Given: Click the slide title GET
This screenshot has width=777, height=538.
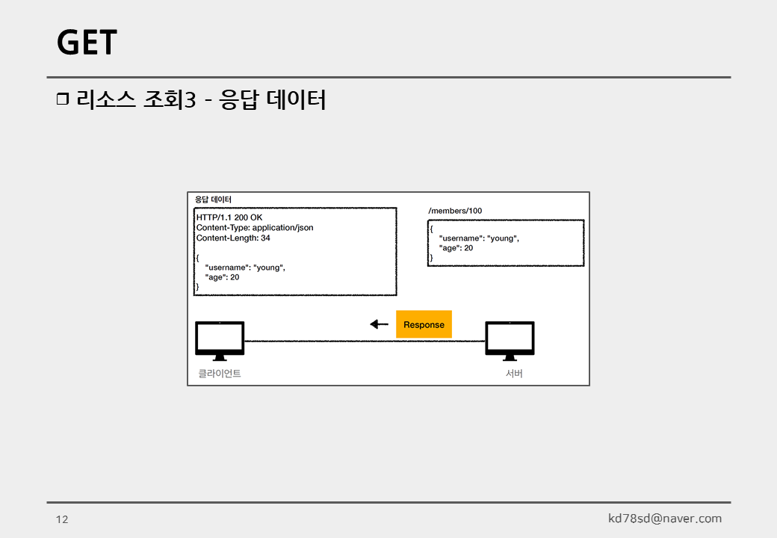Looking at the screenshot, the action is click(87, 43).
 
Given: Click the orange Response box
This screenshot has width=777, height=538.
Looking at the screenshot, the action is click(424, 324).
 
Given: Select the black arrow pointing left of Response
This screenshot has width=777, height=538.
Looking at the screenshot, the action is click(380, 324).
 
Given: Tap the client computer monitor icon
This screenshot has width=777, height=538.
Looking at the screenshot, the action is click(220, 338).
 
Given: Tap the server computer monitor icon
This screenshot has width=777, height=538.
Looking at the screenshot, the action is click(510, 338).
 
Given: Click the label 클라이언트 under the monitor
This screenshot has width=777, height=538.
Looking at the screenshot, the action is click(220, 373).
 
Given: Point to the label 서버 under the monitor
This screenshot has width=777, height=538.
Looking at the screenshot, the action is click(514, 373).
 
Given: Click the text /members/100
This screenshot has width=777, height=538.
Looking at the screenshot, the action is click(455, 211).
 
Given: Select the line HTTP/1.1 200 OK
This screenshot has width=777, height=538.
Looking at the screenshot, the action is click(229, 217).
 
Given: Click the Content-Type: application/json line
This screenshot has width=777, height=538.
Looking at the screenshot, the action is click(254, 227).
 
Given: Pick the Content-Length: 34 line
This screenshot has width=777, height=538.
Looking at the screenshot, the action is click(233, 238).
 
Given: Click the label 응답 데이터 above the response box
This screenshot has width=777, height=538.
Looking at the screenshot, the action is click(213, 200).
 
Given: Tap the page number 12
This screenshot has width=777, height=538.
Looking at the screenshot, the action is click(62, 519).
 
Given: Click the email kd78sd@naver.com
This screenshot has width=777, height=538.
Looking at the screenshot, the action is click(665, 519).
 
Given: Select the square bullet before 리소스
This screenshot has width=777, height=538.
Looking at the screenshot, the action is click(63, 99).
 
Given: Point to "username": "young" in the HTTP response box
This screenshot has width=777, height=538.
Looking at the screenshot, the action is click(245, 267).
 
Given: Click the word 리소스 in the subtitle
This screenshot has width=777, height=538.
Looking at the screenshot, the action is click(106, 99).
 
